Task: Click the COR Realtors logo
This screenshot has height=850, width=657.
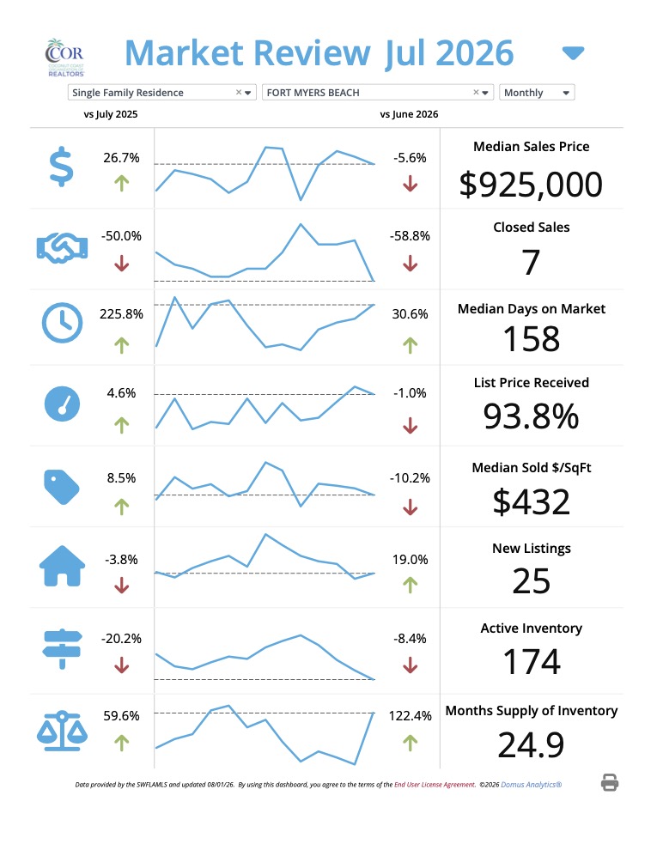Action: [65, 58]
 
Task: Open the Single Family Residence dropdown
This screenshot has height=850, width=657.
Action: [161, 93]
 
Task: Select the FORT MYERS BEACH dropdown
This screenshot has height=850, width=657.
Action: [377, 93]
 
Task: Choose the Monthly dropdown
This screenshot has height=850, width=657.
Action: [537, 93]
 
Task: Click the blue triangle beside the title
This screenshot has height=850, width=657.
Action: [573, 53]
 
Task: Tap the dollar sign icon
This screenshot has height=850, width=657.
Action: [61, 167]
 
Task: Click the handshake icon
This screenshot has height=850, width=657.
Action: [63, 248]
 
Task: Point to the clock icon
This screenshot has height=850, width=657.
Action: [63, 323]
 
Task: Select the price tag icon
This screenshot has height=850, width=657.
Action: [61, 487]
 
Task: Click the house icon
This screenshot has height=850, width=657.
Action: [63, 566]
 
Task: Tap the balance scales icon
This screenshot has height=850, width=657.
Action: [63, 731]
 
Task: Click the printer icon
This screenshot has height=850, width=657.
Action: [610, 783]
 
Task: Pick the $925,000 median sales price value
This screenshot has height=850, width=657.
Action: [531, 185]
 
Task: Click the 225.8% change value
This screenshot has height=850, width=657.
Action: [121, 314]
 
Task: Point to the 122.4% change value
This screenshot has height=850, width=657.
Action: [411, 716]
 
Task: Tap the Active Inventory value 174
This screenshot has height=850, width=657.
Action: [532, 662]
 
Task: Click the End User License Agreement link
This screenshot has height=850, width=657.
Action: [435, 785]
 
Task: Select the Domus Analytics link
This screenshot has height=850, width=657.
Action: [532, 785]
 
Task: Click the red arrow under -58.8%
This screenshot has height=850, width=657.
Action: [411, 264]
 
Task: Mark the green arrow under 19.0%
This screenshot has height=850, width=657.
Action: [411, 585]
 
